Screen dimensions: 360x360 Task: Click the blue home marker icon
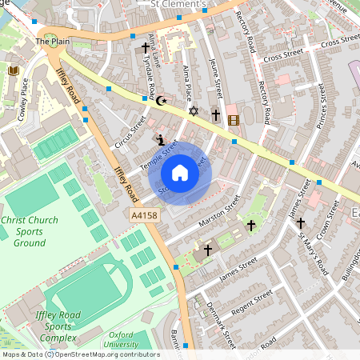pyautogui.click(x=180, y=173)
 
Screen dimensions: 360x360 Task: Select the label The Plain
pyautogui.click(x=53, y=40)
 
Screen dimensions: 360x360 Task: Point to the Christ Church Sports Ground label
pyautogui.click(x=24, y=231)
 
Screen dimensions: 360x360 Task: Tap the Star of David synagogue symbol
pyautogui.click(x=192, y=110)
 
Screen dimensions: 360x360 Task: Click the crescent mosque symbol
pyautogui.click(x=162, y=101)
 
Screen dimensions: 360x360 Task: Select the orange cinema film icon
pyautogui.click(x=233, y=121)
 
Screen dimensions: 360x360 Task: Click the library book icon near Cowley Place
pyautogui.click(x=13, y=71)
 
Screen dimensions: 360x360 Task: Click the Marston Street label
pyautogui.click(x=220, y=212)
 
